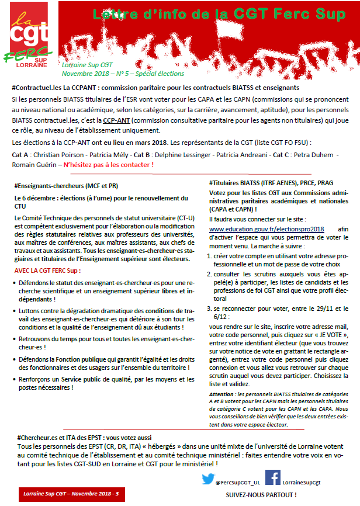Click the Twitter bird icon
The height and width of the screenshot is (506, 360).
[x=207, y=479]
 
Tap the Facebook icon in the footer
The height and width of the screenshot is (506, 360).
[x=272, y=478]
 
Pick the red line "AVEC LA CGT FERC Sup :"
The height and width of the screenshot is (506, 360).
[x=47, y=271]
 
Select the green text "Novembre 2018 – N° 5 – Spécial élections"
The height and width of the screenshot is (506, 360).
[x=123, y=74]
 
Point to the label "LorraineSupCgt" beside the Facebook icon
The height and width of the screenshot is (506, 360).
[x=302, y=483]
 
